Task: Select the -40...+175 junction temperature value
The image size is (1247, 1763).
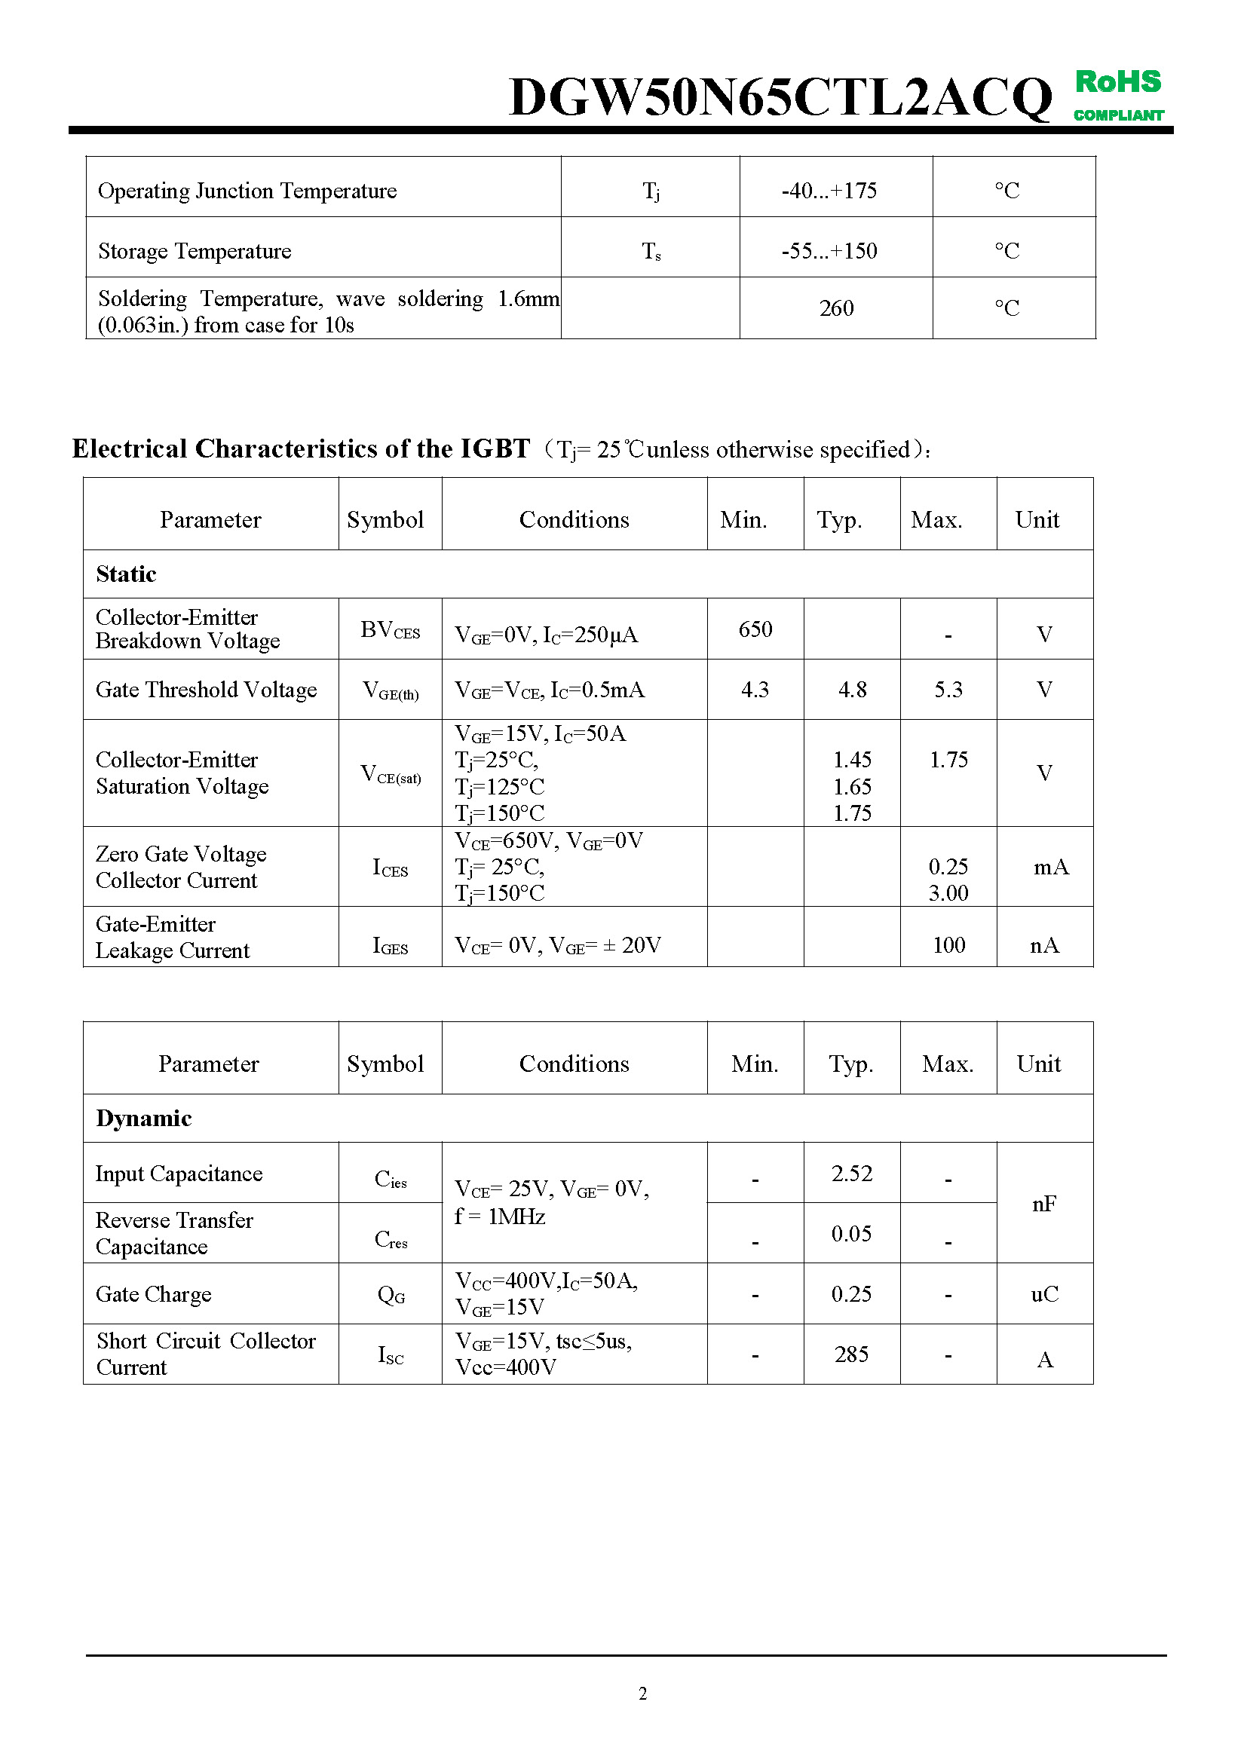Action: coord(829,191)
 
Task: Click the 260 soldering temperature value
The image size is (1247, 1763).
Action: coord(835,308)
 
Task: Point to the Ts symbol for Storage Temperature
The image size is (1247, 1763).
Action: coord(651,251)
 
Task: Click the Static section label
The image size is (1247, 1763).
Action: coord(126,574)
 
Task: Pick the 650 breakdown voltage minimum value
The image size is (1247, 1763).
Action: coord(755,629)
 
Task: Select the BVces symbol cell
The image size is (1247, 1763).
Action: coord(390,630)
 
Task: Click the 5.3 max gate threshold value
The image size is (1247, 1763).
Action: coord(948,690)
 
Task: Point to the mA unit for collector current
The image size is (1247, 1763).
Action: coord(1050,867)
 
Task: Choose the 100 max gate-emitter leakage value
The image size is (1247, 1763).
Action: coord(948,945)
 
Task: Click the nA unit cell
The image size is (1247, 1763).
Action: coord(1044,945)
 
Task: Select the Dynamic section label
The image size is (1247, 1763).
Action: coord(143,1119)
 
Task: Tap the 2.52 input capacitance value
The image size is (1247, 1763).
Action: coord(851,1174)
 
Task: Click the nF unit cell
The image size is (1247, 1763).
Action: coord(1044,1203)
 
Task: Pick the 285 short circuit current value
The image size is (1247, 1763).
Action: coord(851,1354)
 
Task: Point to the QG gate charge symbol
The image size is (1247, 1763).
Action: coord(391,1296)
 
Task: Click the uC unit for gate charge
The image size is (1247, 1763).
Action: coord(1044,1295)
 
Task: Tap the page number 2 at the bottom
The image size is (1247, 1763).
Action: coord(642,1693)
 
